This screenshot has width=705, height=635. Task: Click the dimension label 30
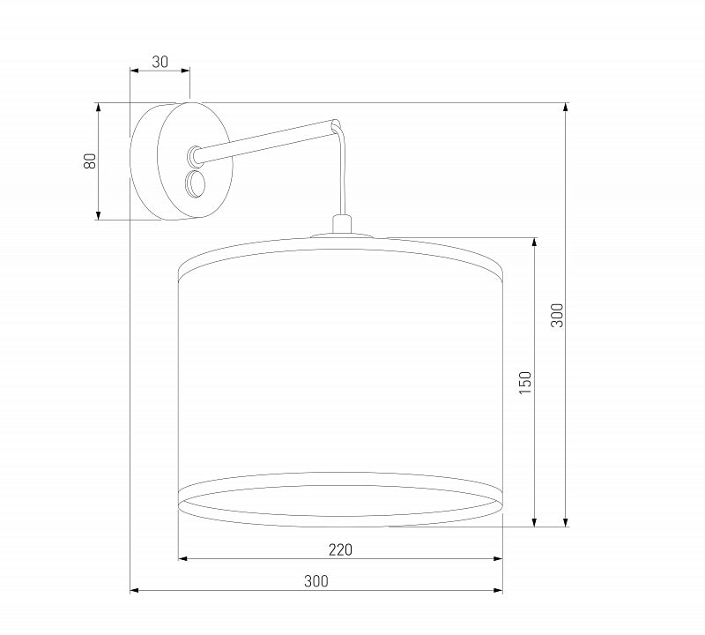(x=160, y=62)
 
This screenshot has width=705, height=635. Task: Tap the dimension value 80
(x=90, y=161)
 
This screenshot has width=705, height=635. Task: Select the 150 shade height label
(x=525, y=383)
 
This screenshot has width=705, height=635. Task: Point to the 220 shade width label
(x=340, y=549)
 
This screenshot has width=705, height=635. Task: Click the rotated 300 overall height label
(x=557, y=315)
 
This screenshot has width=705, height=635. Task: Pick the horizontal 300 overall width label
(x=316, y=581)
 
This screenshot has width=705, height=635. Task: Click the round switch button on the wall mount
(x=195, y=184)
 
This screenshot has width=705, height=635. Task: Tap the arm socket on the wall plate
(x=194, y=155)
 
